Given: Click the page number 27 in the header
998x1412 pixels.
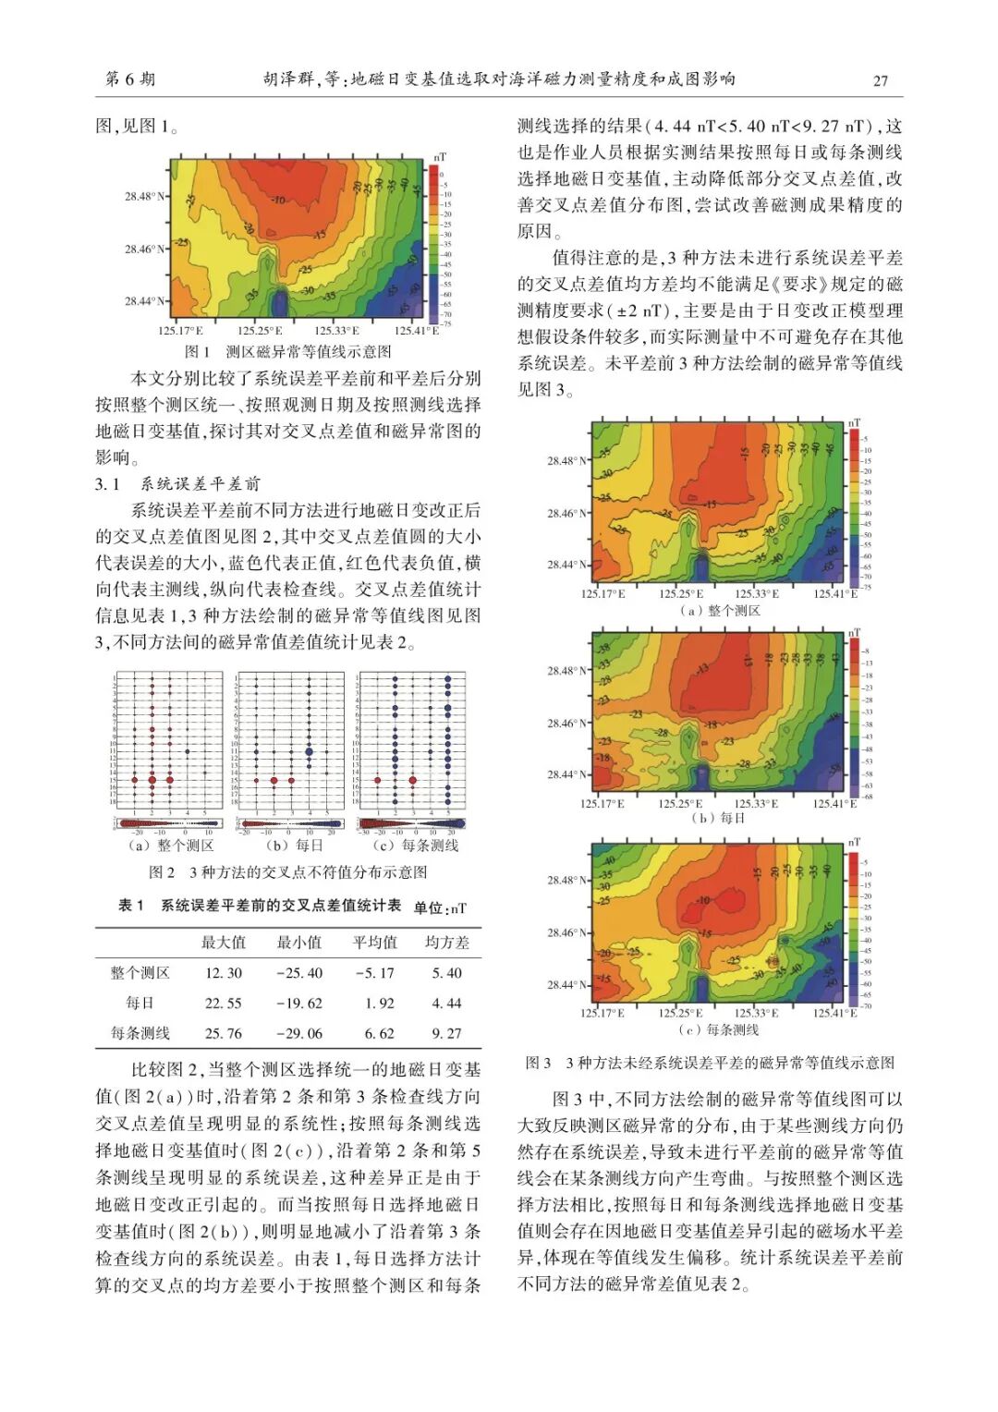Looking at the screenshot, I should click(x=880, y=80).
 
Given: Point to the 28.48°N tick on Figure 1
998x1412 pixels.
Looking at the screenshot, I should click(x=145, y=197).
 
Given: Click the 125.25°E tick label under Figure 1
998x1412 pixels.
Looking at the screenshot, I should click(x=260, y=330).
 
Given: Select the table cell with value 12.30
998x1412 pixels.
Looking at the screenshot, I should click(x=224, y=973).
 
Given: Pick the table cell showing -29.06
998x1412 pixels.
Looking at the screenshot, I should click(x=298, y=1033).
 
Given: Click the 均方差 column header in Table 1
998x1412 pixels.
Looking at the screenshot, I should click(x=447, y=943).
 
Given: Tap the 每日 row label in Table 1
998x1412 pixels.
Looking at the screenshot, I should click(x=140, y=1003).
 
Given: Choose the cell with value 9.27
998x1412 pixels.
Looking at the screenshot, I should click(x=447, y=1033).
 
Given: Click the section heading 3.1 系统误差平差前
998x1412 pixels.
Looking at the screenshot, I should click(x=177, y=483).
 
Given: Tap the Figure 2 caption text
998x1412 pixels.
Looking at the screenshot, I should click(x=287, y=871).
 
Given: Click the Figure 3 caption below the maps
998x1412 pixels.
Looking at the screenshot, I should click(x=710, y=1063).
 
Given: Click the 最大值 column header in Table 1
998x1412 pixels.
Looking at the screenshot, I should click(x=224, y=943).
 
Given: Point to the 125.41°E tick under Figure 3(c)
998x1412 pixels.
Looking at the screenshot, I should click(x=834, y=1013).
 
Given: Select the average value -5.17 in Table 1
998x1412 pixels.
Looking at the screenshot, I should click(x=374, y=973).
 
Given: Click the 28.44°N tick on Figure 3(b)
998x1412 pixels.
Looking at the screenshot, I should click(x=566, y=774).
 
